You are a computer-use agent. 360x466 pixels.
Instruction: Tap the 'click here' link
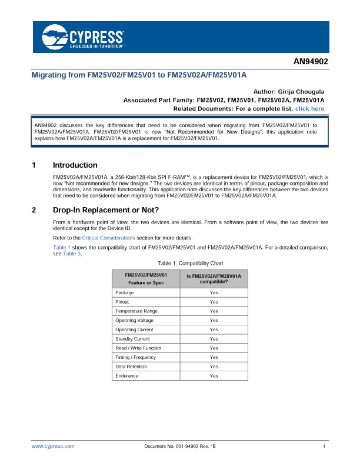(x=309, y=109)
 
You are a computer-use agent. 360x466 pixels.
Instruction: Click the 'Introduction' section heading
(x=75, y=165)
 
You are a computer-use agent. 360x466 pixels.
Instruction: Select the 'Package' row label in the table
(x=124, y=292)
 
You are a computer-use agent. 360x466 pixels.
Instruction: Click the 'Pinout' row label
(x=123, y=302)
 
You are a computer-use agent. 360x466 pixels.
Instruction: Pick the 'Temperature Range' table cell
(x=136, y=311)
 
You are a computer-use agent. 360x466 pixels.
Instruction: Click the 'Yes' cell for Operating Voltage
(x=214, y=320)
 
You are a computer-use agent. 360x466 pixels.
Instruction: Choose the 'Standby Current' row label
(x=132, y=339)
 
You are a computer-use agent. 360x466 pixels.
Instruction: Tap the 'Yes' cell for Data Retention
(x=214, y=367)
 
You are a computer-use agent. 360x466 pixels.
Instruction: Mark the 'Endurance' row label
(x=127, y=375)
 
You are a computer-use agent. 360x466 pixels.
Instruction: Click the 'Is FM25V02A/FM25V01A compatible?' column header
(x=214, y=278)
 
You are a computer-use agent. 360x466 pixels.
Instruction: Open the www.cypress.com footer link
(x=53, y=447)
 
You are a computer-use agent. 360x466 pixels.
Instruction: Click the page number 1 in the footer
(x=324, y=447)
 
